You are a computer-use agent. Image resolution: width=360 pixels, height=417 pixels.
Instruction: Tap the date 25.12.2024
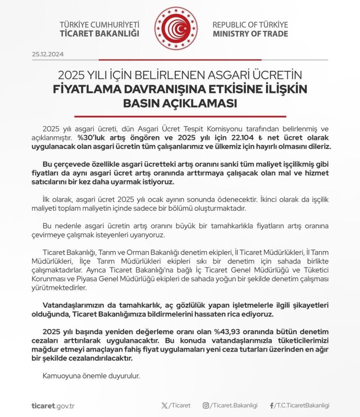click(48, 54)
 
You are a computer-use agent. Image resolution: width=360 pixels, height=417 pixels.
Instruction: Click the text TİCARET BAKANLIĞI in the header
click(100, 33)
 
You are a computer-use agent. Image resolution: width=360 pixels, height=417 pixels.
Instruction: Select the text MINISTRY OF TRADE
click(250, 33)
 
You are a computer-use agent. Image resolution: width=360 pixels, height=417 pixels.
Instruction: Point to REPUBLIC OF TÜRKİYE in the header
click(250, 25)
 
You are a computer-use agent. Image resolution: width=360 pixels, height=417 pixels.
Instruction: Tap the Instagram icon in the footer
click(206, 405)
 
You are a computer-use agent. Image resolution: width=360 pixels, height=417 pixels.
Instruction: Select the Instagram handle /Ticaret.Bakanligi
click(234, 405)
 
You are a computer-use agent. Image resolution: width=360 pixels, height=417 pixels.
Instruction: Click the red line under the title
click(180, 116)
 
